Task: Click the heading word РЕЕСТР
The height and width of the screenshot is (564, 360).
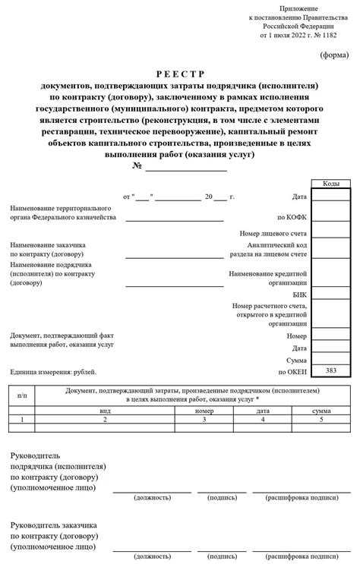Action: click(180, 74)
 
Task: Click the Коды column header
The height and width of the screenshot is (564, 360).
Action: click(331, 184)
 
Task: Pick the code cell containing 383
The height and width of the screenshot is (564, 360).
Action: click(331, 370)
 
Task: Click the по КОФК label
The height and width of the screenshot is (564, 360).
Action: click(292, 217)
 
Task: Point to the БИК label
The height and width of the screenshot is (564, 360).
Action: click(299, 294)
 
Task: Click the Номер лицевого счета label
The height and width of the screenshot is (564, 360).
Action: click(273, 234)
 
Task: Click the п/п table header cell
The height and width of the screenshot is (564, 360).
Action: click(22, 395)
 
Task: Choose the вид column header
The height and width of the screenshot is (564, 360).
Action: click(105, 410)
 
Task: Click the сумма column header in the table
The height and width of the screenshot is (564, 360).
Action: click(321, 410)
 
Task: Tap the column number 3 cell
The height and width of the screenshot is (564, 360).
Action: click(204, 419)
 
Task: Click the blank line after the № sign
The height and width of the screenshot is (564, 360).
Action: click(186, 166)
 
